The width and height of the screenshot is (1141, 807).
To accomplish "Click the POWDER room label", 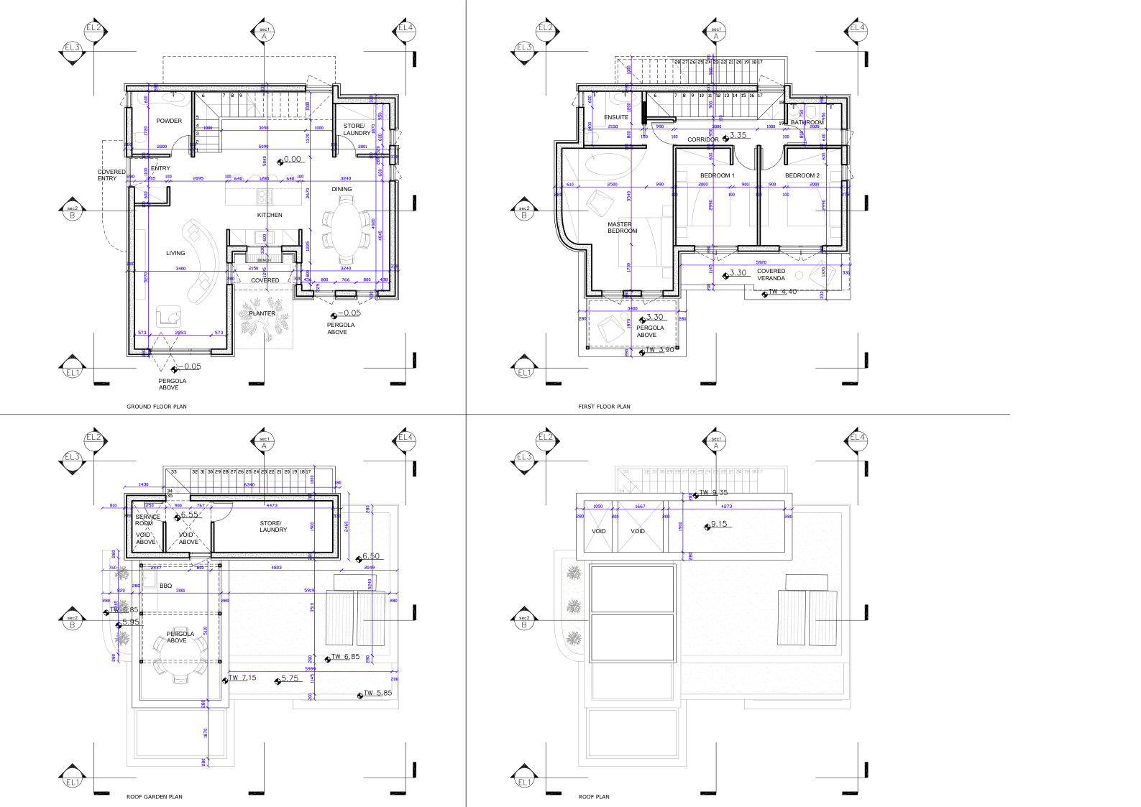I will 169,121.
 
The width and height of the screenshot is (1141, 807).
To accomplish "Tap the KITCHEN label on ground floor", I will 270,215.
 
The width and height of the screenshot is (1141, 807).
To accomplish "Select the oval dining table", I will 347,231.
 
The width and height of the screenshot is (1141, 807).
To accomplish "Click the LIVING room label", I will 175,253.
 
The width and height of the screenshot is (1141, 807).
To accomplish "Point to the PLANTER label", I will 262,313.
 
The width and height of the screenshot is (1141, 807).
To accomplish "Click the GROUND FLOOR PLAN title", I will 157,407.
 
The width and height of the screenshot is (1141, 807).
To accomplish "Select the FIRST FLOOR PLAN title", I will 604,407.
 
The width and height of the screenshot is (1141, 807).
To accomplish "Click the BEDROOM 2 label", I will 802,175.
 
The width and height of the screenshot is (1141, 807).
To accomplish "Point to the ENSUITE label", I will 616,117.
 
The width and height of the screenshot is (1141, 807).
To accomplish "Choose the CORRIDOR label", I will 702,139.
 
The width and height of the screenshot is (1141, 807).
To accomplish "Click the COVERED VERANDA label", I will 771,275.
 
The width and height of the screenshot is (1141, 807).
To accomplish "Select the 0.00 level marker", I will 292,160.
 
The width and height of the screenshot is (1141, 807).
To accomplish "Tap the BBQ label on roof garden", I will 166,586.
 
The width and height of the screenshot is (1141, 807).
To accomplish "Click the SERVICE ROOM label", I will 147,520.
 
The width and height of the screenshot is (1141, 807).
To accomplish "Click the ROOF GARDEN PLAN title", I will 155,796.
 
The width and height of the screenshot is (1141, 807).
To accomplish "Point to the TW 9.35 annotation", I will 713,493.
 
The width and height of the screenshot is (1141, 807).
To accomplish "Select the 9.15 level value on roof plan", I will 718,524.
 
